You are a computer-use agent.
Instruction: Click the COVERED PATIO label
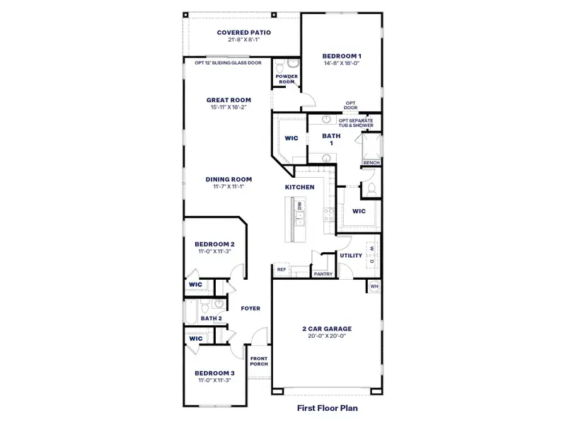pos(244,33)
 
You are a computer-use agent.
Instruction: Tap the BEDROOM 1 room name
pos(342,56)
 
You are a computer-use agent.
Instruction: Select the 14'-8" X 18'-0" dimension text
pos(342,63)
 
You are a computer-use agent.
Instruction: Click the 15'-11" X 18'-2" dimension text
pos(226,107)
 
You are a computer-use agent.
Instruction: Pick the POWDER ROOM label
pos(286,79)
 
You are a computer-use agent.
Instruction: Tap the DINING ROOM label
pos(229,179)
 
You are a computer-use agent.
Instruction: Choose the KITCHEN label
pos(299,187)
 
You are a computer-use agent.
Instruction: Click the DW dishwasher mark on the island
pos(300,205)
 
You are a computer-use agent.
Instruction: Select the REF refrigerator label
pos(282,270)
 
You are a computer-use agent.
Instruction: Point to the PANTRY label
pos(323,273)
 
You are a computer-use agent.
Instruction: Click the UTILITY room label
pos(351,255)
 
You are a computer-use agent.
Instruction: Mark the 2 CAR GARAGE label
pos(327,329)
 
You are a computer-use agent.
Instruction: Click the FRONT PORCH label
pos(258,361)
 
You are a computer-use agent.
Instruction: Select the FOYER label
pos(250,308)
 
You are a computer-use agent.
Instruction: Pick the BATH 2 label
pos(211,319)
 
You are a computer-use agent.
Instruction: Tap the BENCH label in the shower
pos(371,163)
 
